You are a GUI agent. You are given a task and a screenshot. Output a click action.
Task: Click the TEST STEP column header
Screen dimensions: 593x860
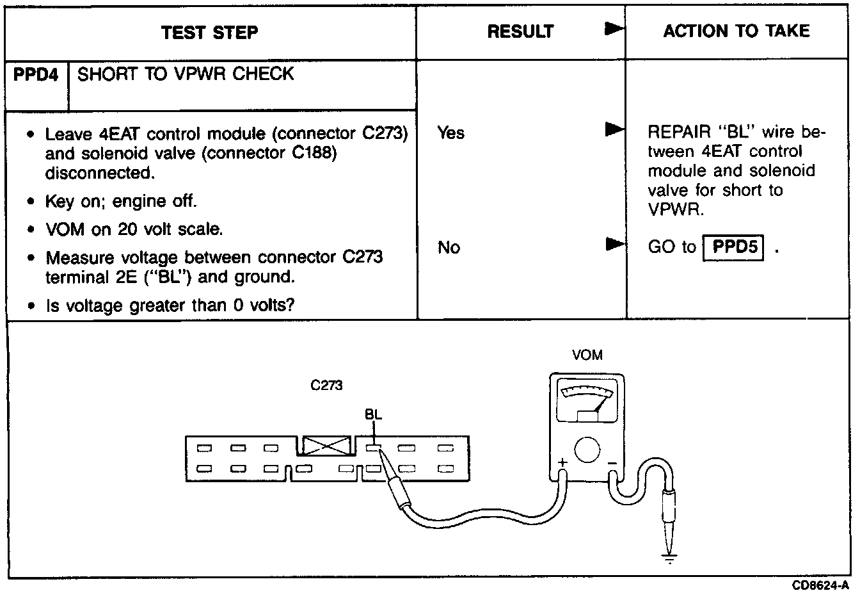tap(210, 32)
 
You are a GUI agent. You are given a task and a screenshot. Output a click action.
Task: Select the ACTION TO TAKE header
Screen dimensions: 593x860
tap(736, 31)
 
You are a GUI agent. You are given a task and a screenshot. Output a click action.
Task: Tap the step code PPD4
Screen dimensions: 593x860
tap(36, 74)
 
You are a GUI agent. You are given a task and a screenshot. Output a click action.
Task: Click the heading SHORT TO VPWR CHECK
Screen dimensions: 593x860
tap(186, 74)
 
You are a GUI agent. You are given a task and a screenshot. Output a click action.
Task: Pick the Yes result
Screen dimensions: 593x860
tap(450, 133)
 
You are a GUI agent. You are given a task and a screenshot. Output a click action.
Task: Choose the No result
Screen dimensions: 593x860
tap(449, 247)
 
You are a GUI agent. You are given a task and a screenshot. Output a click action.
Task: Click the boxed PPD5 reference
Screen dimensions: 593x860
tap(734, 247)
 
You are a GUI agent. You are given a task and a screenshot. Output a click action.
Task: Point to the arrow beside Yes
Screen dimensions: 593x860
tap(614, 131)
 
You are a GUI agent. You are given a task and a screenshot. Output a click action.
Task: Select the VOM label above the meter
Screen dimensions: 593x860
tap(587, 355)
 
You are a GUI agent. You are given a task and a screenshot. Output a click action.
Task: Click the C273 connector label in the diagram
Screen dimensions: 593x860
tap(326, 386)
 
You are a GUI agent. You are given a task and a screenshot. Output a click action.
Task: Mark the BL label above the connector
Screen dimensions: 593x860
tap(373, 414)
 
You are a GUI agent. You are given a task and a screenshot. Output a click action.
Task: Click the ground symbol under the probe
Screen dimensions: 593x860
tap(669, 559)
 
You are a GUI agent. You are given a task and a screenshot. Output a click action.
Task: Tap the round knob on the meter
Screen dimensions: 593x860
tap(587, 450)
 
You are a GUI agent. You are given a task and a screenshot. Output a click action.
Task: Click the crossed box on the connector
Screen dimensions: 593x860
tap(327, 446)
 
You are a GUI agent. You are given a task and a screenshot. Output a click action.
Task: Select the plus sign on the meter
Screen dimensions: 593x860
tap(562, 462)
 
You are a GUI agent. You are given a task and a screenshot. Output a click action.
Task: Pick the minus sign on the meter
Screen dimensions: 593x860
tap(612, 462)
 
